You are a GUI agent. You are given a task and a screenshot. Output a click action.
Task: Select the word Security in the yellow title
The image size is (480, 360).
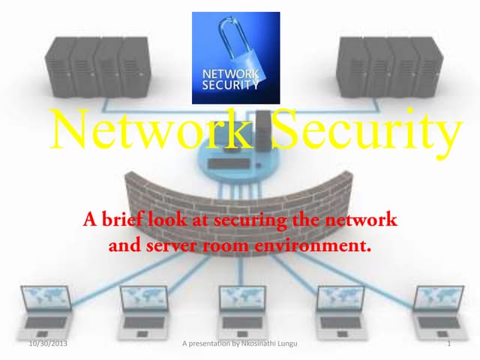367,133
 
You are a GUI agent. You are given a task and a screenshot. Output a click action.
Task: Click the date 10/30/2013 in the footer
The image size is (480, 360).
48,343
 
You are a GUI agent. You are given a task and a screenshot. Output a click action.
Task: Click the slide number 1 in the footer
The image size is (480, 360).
449,343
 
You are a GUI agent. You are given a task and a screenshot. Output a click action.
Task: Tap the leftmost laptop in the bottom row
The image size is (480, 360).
46,312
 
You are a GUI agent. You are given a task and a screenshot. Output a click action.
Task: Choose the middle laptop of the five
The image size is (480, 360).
242,312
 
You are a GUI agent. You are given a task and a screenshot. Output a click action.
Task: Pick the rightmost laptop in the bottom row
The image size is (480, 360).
440,312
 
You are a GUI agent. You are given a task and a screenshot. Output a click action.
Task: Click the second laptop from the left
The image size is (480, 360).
144,312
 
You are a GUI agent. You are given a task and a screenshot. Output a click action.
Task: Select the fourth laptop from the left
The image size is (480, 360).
341,312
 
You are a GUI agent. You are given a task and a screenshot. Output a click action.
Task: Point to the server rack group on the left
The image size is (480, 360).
98,67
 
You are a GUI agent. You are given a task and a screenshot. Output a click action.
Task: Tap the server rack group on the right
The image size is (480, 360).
390,67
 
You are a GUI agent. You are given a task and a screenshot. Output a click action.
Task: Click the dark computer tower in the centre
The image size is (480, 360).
263,131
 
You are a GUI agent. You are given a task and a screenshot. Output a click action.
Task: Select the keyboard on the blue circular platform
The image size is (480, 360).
229,163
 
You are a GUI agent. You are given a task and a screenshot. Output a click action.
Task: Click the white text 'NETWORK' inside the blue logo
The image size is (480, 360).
230,73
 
